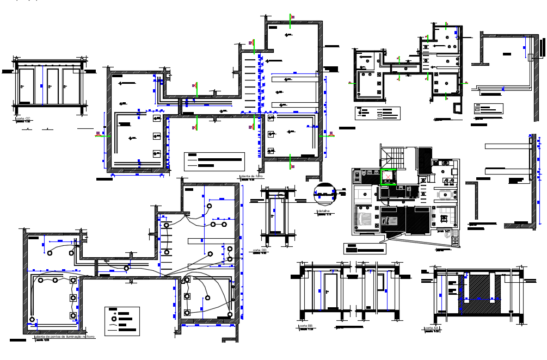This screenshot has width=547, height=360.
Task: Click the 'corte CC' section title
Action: click(23, 118)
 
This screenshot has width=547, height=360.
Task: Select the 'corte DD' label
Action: click(259, 251)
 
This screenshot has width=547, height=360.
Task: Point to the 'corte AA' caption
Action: click(432, 328)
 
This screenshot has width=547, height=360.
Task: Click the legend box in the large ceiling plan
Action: click(214, 162)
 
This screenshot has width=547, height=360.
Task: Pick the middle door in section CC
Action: click(52, 85)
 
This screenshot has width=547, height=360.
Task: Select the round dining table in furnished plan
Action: click(448, 194)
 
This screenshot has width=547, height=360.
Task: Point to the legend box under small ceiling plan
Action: click(378, 113)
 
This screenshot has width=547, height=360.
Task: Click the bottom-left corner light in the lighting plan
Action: click(33, 319)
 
